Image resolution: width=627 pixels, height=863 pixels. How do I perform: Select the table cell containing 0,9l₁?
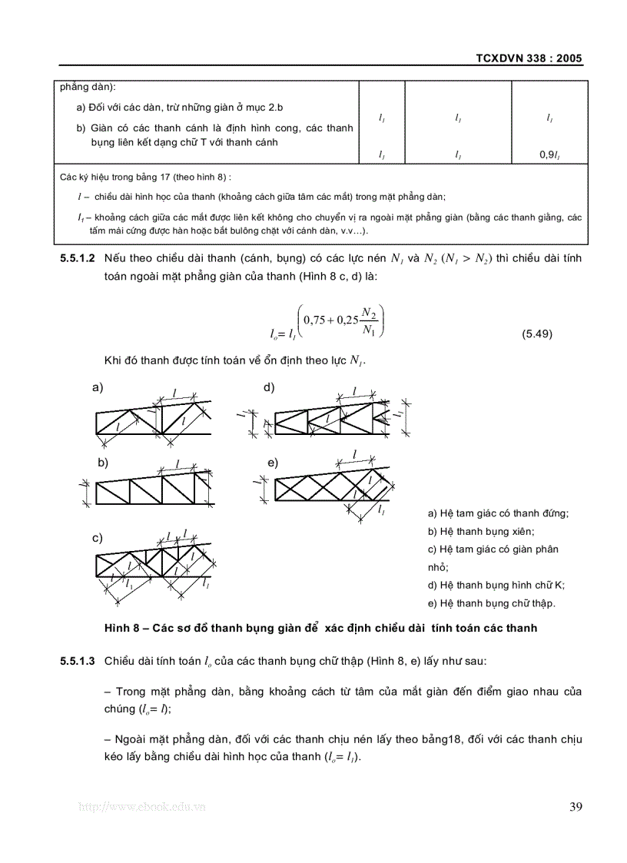(x=550, y=154)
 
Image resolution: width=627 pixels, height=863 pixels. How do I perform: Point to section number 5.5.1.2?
(x=77, y=258)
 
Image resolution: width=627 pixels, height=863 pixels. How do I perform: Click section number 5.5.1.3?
(x=77, y=660)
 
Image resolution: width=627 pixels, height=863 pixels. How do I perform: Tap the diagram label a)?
(x=98, y=387)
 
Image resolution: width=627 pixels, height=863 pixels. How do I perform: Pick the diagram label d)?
(x=269, y=387)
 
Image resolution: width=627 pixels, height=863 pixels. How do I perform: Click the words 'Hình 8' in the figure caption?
(x=121, y=628)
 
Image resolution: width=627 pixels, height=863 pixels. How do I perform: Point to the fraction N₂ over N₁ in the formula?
(x=370, y=322)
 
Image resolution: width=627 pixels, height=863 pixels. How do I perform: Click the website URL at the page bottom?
(x=143, y=807)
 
